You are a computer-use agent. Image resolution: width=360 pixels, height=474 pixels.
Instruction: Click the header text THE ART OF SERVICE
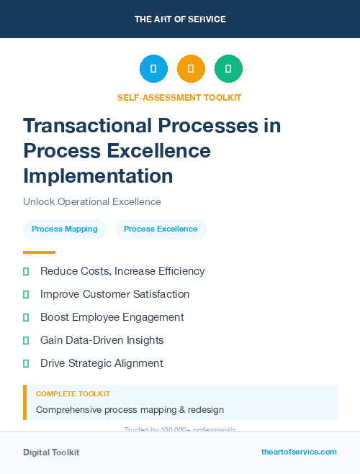180,19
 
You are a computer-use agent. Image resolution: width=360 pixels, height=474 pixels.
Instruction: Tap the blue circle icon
153,69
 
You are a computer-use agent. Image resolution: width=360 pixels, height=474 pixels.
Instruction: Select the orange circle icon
191,69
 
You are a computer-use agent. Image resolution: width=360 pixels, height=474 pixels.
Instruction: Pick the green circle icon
228,69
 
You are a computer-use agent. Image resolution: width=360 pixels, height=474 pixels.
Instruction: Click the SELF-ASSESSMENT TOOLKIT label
179,97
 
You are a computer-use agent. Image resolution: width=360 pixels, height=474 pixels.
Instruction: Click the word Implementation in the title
98,176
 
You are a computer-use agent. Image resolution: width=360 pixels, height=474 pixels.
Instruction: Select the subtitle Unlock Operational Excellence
92,201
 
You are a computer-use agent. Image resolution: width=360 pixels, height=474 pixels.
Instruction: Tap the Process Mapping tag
65,229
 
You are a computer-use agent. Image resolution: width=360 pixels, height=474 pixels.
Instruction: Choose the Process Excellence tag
161,229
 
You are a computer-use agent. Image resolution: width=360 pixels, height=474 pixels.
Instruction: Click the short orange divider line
39,252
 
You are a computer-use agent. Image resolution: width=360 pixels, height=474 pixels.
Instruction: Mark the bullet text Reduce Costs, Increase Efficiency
122,271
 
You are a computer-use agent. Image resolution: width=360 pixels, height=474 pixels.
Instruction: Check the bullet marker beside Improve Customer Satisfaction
26,294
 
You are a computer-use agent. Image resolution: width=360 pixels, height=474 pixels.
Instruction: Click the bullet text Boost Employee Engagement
112,317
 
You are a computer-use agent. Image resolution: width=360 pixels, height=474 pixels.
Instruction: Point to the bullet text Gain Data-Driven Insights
102,340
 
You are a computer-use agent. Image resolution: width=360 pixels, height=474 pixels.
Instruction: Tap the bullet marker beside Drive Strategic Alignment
26,363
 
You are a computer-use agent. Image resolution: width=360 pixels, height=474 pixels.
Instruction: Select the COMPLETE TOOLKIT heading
73,394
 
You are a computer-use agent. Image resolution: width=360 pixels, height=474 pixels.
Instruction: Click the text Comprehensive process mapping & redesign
130,409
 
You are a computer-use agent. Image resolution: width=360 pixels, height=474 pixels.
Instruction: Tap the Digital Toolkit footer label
51,452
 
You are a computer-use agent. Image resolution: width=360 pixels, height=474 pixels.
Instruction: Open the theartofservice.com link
299,452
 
